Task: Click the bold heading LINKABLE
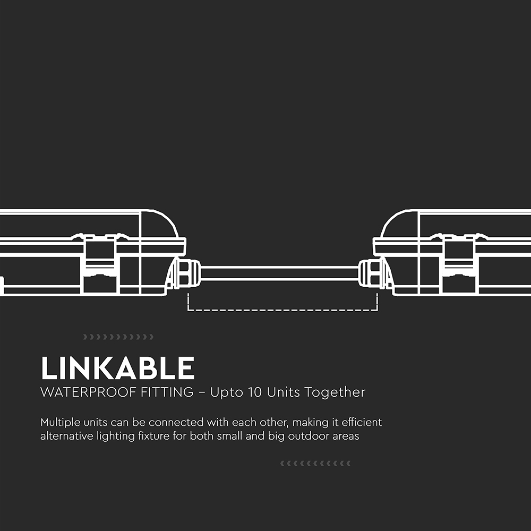[117, 369]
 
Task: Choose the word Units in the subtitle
[284, 393]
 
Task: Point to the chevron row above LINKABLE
[118, 337]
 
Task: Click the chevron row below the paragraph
[315, 464]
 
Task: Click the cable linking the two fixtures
[280, 273]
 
